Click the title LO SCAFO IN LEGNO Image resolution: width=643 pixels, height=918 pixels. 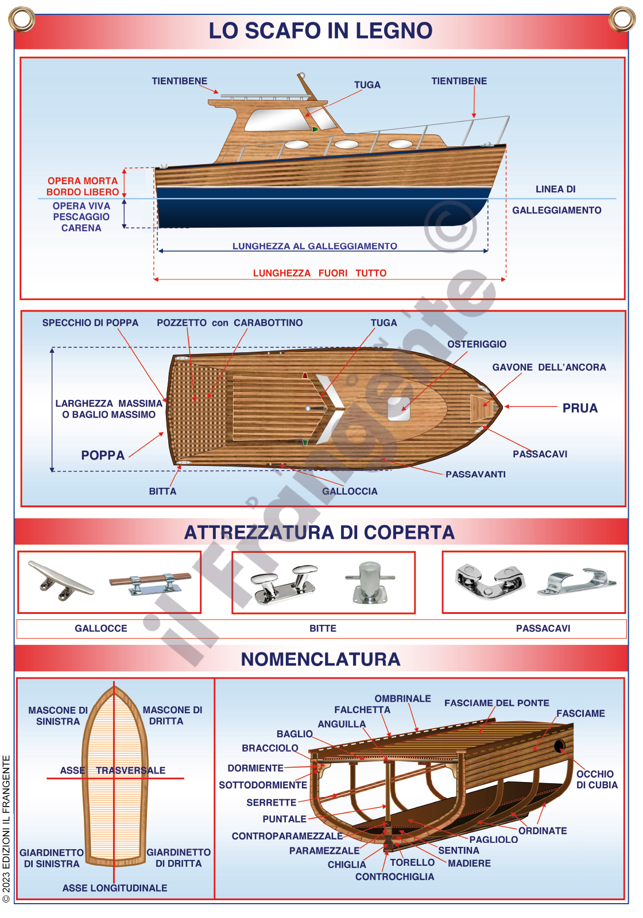click(320, 30)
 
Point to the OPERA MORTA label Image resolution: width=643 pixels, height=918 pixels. click(82, 181)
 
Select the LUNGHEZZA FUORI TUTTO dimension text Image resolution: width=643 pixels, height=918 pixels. click(320, 273)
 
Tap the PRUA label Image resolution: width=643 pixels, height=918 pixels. click(580, 408)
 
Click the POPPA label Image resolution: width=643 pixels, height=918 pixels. click(103, 455)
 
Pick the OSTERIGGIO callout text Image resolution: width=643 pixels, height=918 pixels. click(477, 344)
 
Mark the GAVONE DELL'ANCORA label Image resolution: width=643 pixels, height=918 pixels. click(549, 367)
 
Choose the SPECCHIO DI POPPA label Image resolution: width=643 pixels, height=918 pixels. click(90, 322)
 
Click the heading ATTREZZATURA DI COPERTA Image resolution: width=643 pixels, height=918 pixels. click(319, 532)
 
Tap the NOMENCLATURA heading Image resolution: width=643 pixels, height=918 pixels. click(320, 659)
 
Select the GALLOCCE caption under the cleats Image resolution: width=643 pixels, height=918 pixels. click(101, 628)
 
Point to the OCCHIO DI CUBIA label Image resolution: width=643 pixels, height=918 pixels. click(596, 780)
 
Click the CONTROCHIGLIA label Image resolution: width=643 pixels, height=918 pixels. click(394, 877)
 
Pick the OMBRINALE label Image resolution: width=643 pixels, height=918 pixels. click(402, 698)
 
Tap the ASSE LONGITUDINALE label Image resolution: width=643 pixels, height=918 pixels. click(115, 888)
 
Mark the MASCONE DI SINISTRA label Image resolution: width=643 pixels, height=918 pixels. click(58, 715)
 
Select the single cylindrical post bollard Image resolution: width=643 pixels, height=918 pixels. click(370, 582)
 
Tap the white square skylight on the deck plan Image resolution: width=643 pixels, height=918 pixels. click(398, 409)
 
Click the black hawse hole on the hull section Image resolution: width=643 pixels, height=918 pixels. click(559, 746)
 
